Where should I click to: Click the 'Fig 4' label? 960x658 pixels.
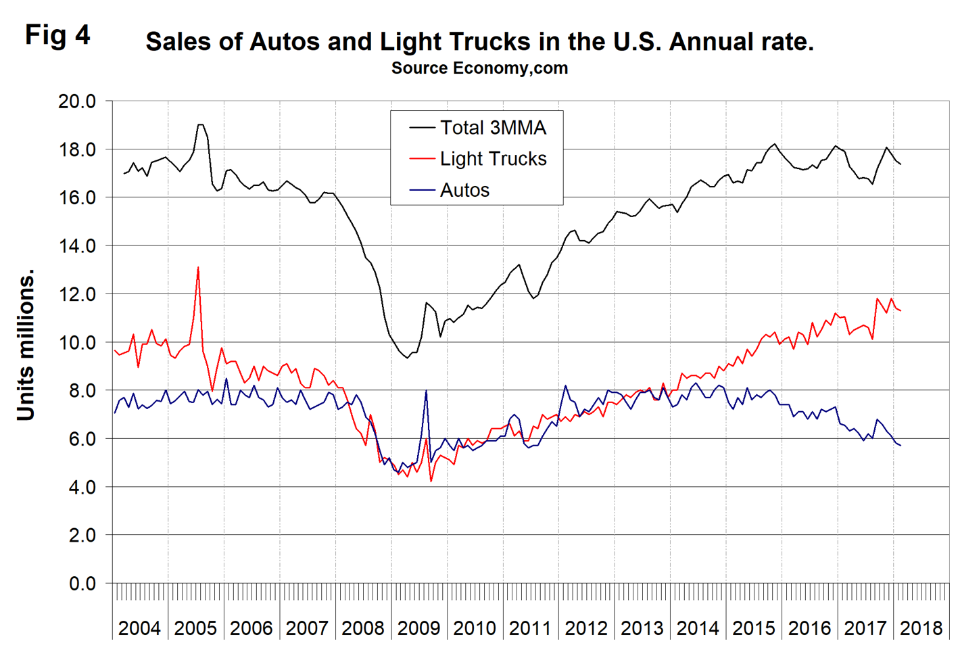(x=57, y=35)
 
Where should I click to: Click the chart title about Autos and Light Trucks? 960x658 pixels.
(x=479, y=42)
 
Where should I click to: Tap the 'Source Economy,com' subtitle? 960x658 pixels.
(x=479, y=68)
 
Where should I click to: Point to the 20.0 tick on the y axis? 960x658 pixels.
(x=77, y=101)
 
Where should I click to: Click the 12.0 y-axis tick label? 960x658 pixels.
(x=77, y=294)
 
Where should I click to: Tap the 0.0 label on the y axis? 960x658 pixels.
(x=82, y=584)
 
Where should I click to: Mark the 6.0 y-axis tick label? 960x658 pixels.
(x=82, y=439)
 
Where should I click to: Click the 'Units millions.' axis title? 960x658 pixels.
(x=26, y=346)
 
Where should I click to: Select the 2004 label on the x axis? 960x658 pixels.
(x=139, y=628)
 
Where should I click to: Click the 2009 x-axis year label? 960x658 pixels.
(x=418, y=628)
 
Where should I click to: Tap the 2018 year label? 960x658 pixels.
(x=921, y=628)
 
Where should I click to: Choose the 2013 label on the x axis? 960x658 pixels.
(x=642, y=628)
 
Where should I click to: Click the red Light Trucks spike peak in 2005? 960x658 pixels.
(x=198, y=268)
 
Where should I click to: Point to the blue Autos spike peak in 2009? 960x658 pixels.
(x=426, y=391)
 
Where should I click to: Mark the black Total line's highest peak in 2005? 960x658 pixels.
(x=200, y=124)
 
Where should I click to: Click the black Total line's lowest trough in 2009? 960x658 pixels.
(x=407, y=358)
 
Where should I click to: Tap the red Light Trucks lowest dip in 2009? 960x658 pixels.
(x=431, y=481)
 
